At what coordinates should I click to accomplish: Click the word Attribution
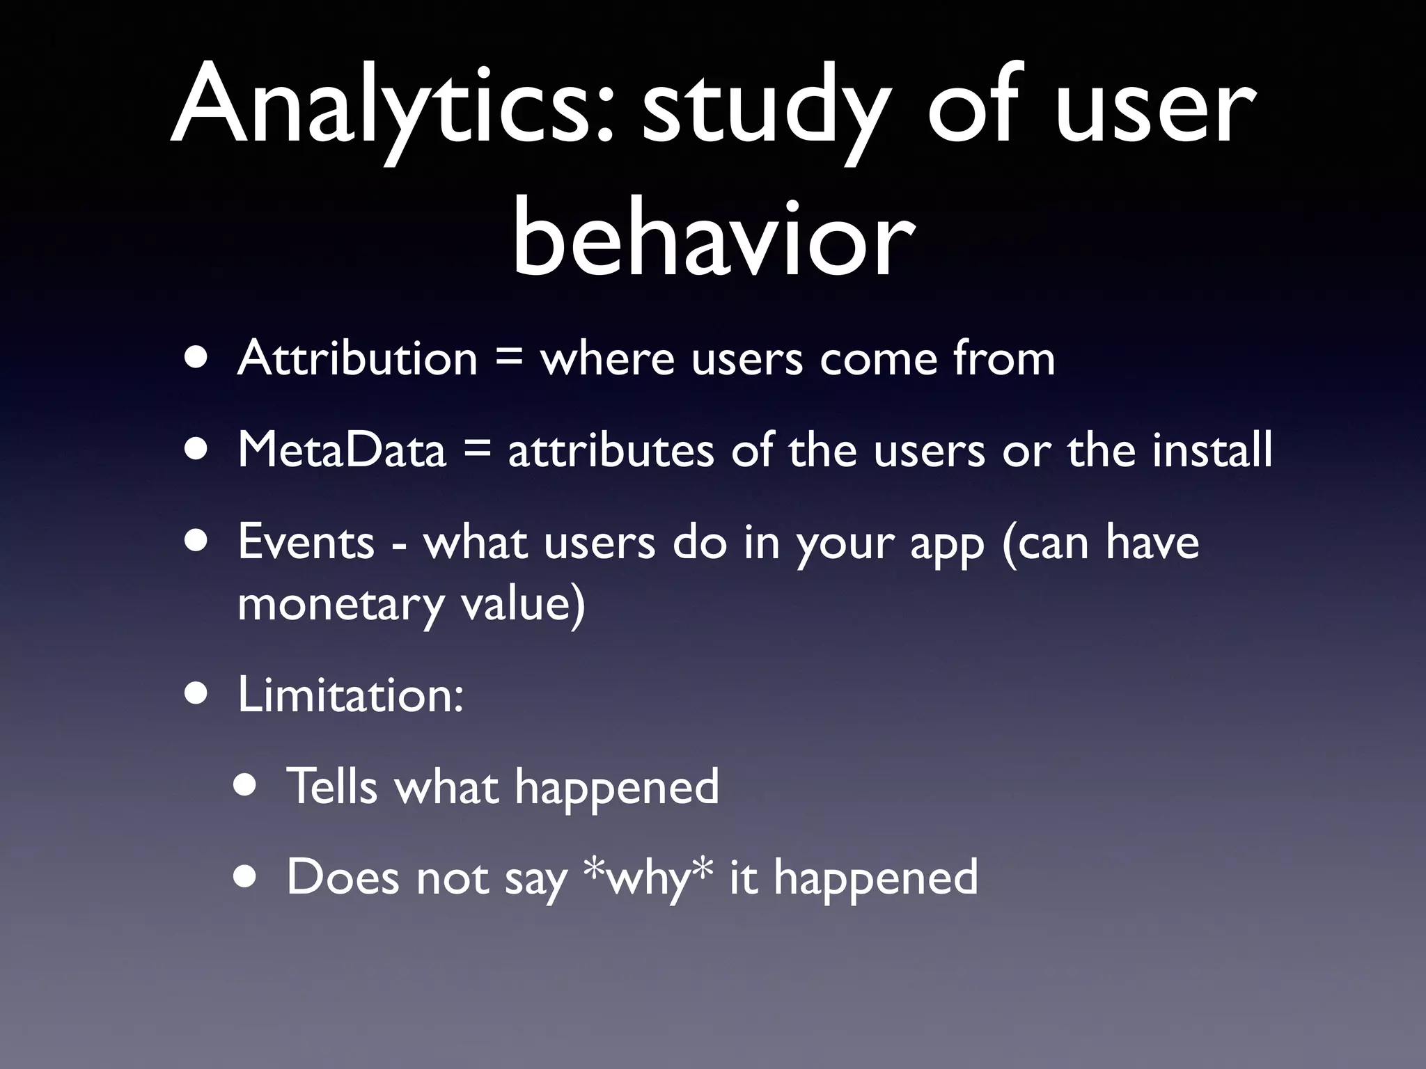(357, 358)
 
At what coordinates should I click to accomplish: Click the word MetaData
(341, 450)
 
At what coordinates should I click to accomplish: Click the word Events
(306, 541)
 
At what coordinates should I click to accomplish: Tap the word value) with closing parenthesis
(522, 604)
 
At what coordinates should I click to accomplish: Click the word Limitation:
(350, 694)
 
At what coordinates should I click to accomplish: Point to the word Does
(343, 877)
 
